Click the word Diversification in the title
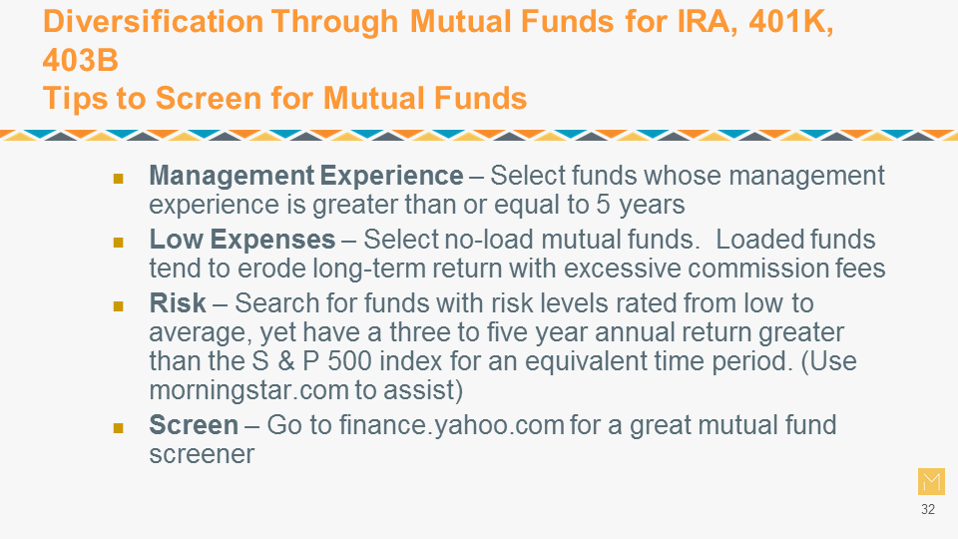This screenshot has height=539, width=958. point(154,21)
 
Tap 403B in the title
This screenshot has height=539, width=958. point(81,60)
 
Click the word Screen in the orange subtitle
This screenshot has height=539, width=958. point(209,98)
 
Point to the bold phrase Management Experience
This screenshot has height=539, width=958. point(306,176)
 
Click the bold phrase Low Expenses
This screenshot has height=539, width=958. point(242,239)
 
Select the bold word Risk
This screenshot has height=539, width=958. point(178,302)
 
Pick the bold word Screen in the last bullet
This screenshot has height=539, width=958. point(194,425)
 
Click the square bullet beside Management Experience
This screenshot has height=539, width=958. point(119,179)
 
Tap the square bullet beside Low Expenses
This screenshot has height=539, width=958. point(119,243)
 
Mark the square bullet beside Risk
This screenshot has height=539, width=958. point(119,305)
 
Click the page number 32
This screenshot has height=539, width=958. point(928,509)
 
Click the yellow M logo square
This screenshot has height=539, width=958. point(931,481)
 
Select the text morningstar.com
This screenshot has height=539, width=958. point(248,390)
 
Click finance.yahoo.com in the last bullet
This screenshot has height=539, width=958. point(451,425)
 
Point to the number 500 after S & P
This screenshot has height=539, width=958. point(349,360)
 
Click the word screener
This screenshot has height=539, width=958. point(202,454)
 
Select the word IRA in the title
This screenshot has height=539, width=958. point(704,22)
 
